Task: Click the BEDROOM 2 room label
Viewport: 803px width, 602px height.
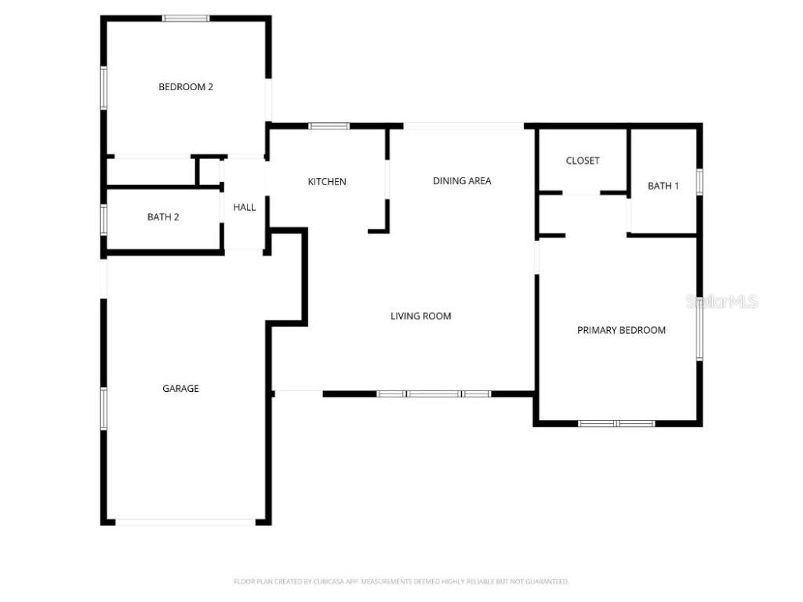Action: pyautogui.click(x=186, y=87)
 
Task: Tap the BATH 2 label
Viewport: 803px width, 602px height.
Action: pyautogui.click(x=163, y=217)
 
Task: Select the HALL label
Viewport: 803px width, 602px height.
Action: pyautogui.click(x=245, y=208)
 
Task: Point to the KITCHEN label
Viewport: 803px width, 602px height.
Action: pyautogui.click(x=326, y=182)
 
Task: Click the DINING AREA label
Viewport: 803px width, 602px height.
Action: pyautogui.click(x=462, y=181)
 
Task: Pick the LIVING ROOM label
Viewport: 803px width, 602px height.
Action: pyautogui.click(x=421, y=317)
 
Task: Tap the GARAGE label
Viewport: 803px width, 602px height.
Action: pyautogui.click(x=180, y=389)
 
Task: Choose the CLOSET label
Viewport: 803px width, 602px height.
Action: pyautogui.click(x=583, y=161)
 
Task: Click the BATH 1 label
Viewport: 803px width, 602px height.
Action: pyautogui.click(x=663, y=186)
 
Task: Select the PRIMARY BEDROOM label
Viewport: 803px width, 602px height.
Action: pyautogui.click(x=621, y=331)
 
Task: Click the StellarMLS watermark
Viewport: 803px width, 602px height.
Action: pyautogui.click(x=722, y=301)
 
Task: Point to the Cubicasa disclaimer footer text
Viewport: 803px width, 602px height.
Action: pyautogui.click(x=401, y=582)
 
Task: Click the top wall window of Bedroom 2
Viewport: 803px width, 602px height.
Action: pyautogui.click(x=186, y=18)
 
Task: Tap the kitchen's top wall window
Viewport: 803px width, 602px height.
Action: pyautogui.click(x=329, y=125)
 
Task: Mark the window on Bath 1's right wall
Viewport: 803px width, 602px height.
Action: pyautogui.click(x=699, y=182)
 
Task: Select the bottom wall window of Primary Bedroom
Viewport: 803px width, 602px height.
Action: pyautogui.click(x=616, y=423)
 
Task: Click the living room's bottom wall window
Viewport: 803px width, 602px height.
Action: pyautogui.click(x=434, y=393)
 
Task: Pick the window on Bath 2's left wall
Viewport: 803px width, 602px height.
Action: pyautogui.click(x=104, y=219)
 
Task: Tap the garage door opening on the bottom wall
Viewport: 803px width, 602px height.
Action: pyautogui.click(x=185, y=521)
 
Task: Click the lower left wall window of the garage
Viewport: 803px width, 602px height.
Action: pyautogui.click(x=104, y=408)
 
